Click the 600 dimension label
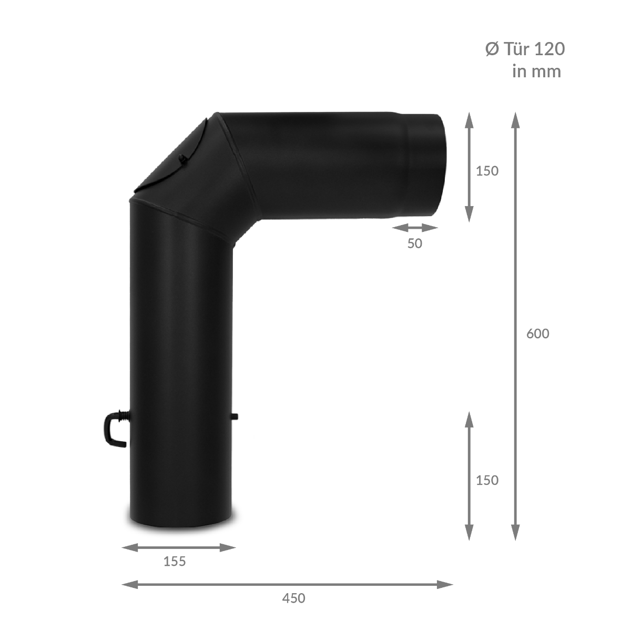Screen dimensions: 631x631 pos(537,334)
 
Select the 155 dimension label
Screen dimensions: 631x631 pos(175,562)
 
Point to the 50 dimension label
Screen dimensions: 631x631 pos(414,243)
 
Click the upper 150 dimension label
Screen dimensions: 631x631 pos(487,171)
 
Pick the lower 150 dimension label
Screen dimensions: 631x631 pos(487,481)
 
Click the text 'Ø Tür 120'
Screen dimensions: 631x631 pos(525,49)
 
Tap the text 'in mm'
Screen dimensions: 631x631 pos(537,72)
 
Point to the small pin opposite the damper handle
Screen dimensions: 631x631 pos(235,417)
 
